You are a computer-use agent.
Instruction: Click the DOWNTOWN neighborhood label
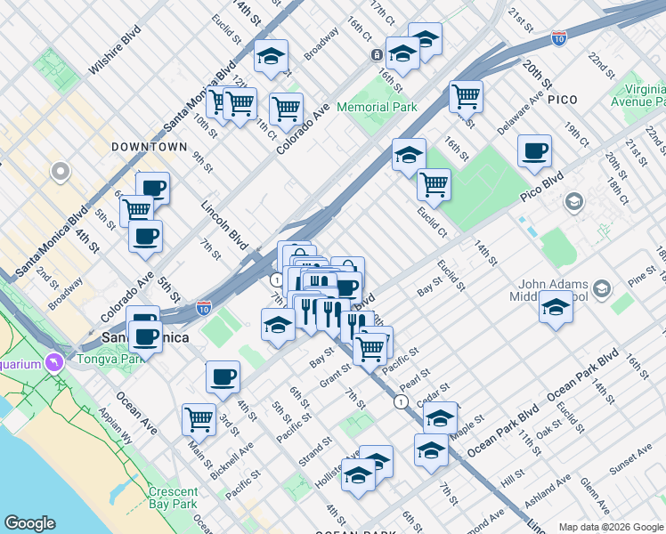pyautogui.click(x=149, y=147)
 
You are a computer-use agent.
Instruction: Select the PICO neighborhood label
pyautogui.click(x=563, y=100)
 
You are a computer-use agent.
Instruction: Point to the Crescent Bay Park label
pyautogui.click(x=174, y=498)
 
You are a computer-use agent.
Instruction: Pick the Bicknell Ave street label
pyautogui.click(x=232, y=459)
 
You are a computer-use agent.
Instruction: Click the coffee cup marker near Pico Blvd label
pyautogui.click(x=534, y=150)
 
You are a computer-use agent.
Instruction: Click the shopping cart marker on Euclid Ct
pyautogui.click(x=434, y=183)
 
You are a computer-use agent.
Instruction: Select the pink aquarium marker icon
pyautogui.click(x=55, y=363)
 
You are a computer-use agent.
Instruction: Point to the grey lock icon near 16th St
pyautogui.click(x=378, y=55)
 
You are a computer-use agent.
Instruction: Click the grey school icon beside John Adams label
pyautogui.click(x=603, y=288)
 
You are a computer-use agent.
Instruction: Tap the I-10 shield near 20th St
pyautogui.click(x=558, y=38)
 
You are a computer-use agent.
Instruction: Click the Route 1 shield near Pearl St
pyautogui.click(x=402, y=402)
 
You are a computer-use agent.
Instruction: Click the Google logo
pyautogui.click(x=29, y=523)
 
